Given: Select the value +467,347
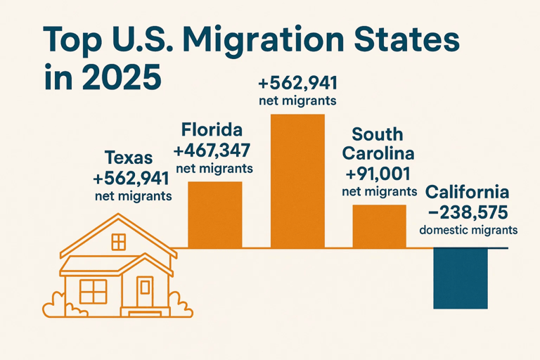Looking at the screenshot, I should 212,150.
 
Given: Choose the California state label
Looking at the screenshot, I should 468,192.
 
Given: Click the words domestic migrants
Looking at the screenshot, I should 468,230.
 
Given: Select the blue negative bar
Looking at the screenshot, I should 460,278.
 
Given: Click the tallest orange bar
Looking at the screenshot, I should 297,181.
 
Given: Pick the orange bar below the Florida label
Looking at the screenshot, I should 214,214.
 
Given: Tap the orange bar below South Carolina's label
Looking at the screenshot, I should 379,226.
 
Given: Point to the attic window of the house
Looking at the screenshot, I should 119,243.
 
